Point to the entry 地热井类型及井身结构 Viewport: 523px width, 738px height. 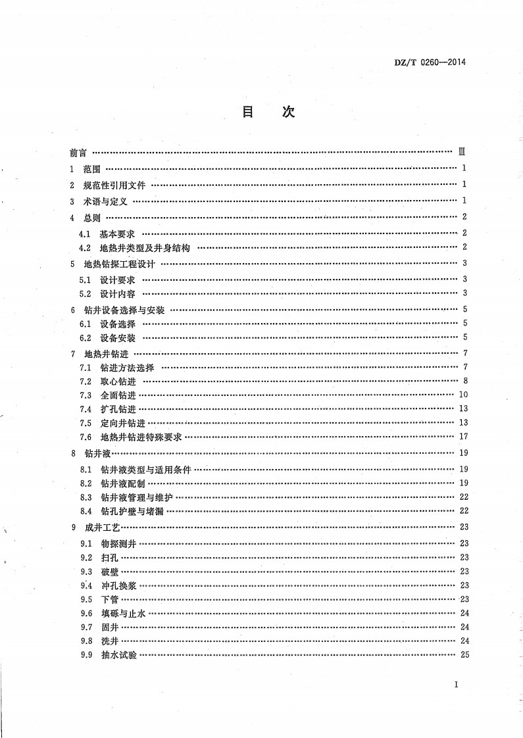tap(145, 248)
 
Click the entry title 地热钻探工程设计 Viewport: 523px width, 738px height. tap(119, 264)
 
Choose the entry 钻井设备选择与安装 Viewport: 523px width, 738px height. tap(124, 310)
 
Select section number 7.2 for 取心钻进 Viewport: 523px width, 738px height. tap(84, 381)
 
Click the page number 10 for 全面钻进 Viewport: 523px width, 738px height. tap(462, 395)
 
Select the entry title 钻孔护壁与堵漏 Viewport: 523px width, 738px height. tap(132, 510)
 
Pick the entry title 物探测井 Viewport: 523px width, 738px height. tap(118, 543)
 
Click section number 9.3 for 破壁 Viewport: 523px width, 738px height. tap(85, 572)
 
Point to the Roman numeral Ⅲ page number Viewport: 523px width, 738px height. tap(462, 153)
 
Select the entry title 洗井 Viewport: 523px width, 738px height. tap(109, 641)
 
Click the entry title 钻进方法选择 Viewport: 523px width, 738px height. tap(127, 368)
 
